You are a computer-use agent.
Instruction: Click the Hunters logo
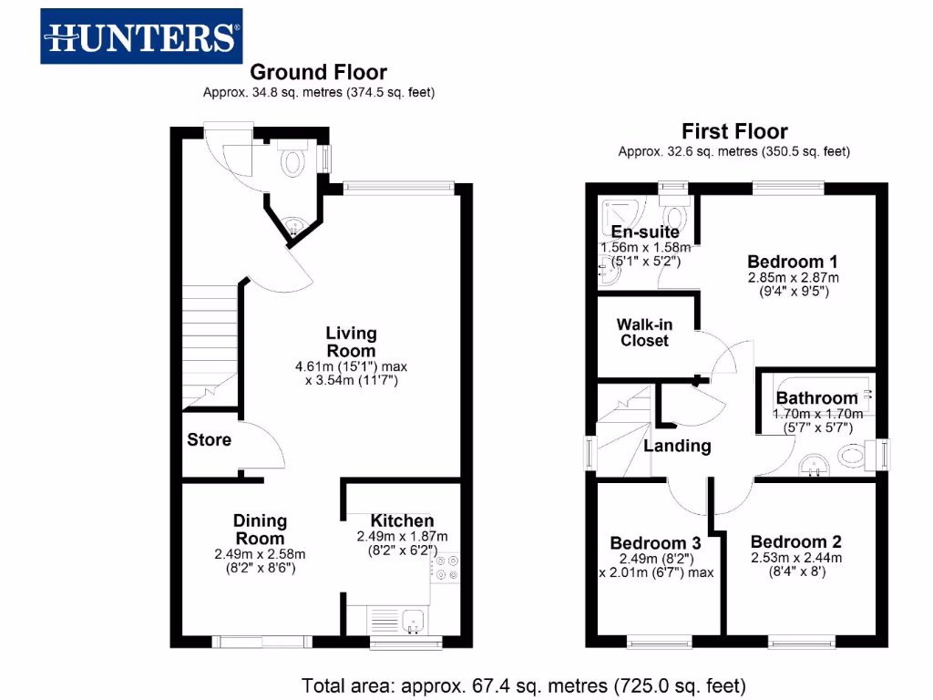pyautogui.click(x=141, y=36)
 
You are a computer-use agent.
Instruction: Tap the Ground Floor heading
pyautogui.click(x=318, y=72)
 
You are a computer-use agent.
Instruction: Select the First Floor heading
pyautogui.click(x=734, y=131)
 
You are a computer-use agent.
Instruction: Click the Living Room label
pyautogui.click(x=351, y=342)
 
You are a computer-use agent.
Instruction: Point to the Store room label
pyautogui.click(x=209, y=440)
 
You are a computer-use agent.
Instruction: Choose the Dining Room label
pyautogui.click(x=261, y=529)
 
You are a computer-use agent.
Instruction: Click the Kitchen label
pyautogui.click(x=396, y=520)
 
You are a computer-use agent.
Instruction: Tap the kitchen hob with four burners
pyautogui.click(x=446, y=568)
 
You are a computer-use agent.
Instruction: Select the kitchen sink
pyautogui.click(x=400, y=621)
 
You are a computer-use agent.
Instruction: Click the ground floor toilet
pyautogui.click(x=292, y=162)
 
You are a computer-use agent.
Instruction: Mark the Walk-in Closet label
pyautogui.click(x=644, y=333)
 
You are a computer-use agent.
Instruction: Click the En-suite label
pyautogui.click(x=644, y=232)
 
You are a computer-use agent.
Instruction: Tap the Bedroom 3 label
pyautogui.click(x=656, y=542)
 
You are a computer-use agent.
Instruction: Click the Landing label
pyautogui.click(x=677, y=446)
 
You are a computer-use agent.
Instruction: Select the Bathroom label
pyautogui.click(x=816, y=398)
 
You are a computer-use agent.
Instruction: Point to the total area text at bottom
pyautogui.click(x=524, y=685)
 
